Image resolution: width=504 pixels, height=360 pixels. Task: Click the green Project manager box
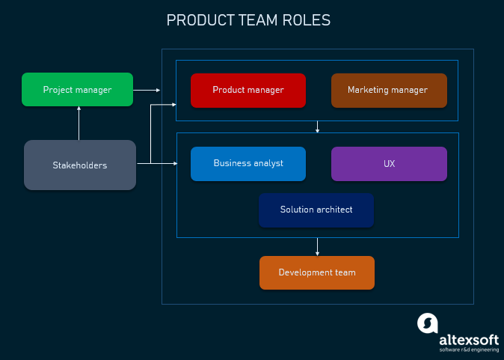77,90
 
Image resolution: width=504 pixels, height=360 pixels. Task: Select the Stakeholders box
80,165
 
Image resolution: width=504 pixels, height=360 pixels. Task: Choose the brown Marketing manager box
388,90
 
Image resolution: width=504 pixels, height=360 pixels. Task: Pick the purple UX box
389,163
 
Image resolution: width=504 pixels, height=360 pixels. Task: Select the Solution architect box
316,210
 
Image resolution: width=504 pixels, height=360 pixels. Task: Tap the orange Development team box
316,272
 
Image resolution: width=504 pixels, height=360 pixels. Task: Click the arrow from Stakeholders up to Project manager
79,123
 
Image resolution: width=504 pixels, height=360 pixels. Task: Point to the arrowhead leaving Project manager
157,90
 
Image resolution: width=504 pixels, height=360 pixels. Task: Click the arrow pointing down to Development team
318,247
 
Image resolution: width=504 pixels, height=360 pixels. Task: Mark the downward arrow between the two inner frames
318,127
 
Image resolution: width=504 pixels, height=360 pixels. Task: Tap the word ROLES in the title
307,20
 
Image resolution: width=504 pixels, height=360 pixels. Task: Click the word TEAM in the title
257,20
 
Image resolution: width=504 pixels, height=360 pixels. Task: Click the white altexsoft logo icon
427,323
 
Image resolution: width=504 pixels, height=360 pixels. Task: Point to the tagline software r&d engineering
468,350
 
